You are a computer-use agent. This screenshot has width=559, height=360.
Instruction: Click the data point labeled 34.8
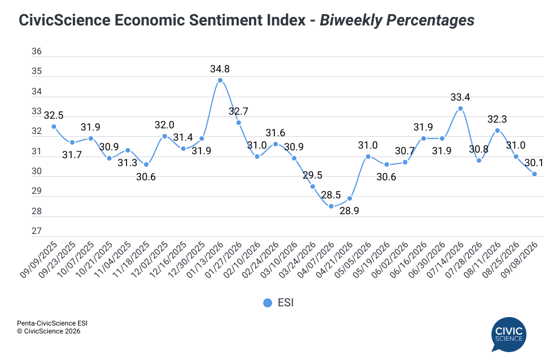220,80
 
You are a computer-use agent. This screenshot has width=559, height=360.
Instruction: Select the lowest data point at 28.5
331,206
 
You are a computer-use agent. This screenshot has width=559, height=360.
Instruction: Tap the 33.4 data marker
460,109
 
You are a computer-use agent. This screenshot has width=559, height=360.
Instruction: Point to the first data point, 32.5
54,126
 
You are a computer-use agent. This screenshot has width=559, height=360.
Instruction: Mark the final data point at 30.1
534,174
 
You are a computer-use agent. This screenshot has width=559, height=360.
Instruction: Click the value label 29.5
312,175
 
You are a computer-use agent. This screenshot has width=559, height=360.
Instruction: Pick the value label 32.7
238,111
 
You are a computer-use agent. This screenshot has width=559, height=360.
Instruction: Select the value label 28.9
350,211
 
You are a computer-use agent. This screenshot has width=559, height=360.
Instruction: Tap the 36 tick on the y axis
37,51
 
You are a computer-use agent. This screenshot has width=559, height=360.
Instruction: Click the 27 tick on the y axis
37,231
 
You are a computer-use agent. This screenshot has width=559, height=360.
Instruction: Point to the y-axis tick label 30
37,171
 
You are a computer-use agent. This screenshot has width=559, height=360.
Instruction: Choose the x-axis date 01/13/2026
206,260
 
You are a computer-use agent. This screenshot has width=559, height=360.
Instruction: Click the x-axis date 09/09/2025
38,260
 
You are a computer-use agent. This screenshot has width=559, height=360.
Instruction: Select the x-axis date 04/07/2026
316,260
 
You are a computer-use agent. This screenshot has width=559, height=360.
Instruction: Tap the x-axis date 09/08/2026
519,260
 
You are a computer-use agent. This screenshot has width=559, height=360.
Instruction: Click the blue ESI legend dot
268,303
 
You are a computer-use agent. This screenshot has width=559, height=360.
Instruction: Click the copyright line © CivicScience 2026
49,331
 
